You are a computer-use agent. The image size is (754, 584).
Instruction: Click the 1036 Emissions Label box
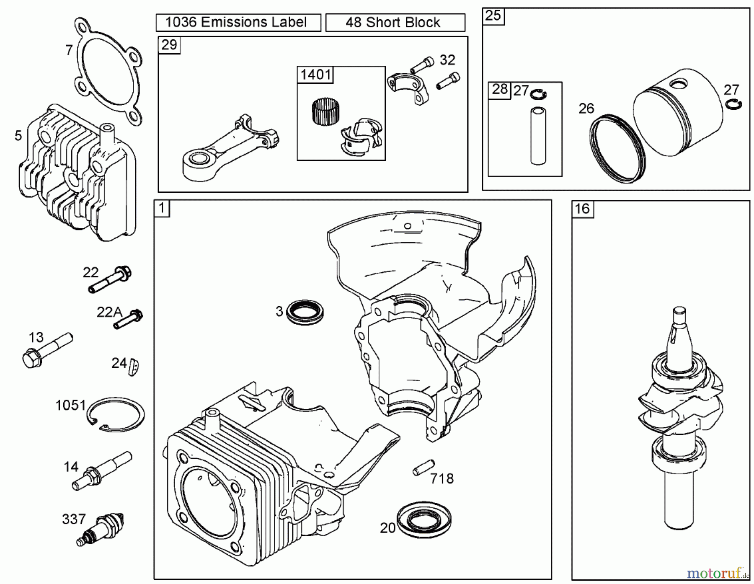pyautogui.click(x=238, y=22)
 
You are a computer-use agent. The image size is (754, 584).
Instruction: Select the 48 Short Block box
pyautogui.click(x=395, y=23)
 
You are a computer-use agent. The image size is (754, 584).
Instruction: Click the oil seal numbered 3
pyautogui.click(x=305, y=312)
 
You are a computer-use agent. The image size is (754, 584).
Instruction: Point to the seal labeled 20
pyautogui.click(x=424, y=519)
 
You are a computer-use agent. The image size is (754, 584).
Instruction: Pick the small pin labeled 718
pyautogui.click(x=423, y=468)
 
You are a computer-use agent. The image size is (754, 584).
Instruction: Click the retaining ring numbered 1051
pyautogui.click(x=116, y=413)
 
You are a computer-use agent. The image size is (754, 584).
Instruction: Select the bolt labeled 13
pyautogui.click(x=46, y=350)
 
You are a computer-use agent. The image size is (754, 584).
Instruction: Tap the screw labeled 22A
pyautogui.click(x=128, y=319)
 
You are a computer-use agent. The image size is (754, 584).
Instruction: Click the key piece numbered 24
pyautogui.click(x=134, y=367)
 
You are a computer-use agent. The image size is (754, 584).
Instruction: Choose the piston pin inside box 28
pyautogui.click(x=538, y=136)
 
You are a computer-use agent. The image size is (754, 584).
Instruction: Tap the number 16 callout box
pyautogui.click(x=582, y=209)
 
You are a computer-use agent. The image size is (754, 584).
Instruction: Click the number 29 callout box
pyautogui.click(x=169, y=44)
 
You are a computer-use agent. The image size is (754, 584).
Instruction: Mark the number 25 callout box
pyautogui.click(x=493, y=16)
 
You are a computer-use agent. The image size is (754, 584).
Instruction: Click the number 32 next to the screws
pyautogui.click(x=447, y=60)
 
